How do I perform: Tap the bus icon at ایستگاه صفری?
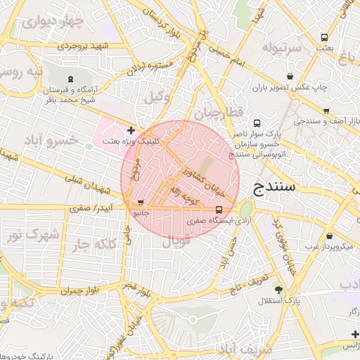tap(219, 209)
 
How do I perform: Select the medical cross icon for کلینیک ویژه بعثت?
tap(131, 130)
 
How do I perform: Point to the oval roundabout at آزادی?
tap(245, 210)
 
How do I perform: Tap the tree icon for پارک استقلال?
tap(278, 289)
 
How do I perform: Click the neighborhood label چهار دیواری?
tap(53, 21)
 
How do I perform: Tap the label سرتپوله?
tap(281, 48)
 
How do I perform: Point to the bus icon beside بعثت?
tap(324, 37)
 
